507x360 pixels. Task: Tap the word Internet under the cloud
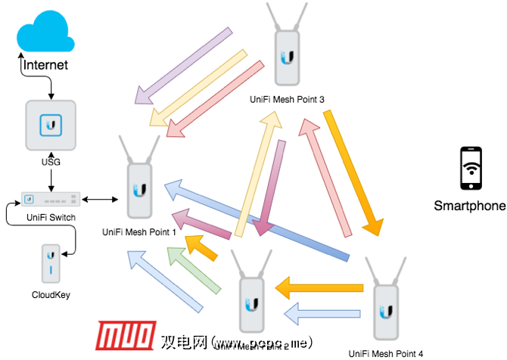tap(45, 65)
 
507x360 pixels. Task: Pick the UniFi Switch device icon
tap(51, 198)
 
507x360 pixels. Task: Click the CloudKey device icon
tap(51, 264)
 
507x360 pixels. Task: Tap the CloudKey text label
tap(51, 294)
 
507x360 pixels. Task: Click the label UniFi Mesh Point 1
tap(138, 232)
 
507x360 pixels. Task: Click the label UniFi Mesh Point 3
tap(288, 99)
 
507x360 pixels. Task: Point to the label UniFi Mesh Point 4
tap(386, 352)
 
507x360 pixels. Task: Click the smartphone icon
tap(470, 168)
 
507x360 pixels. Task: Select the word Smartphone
tap(469, 206)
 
